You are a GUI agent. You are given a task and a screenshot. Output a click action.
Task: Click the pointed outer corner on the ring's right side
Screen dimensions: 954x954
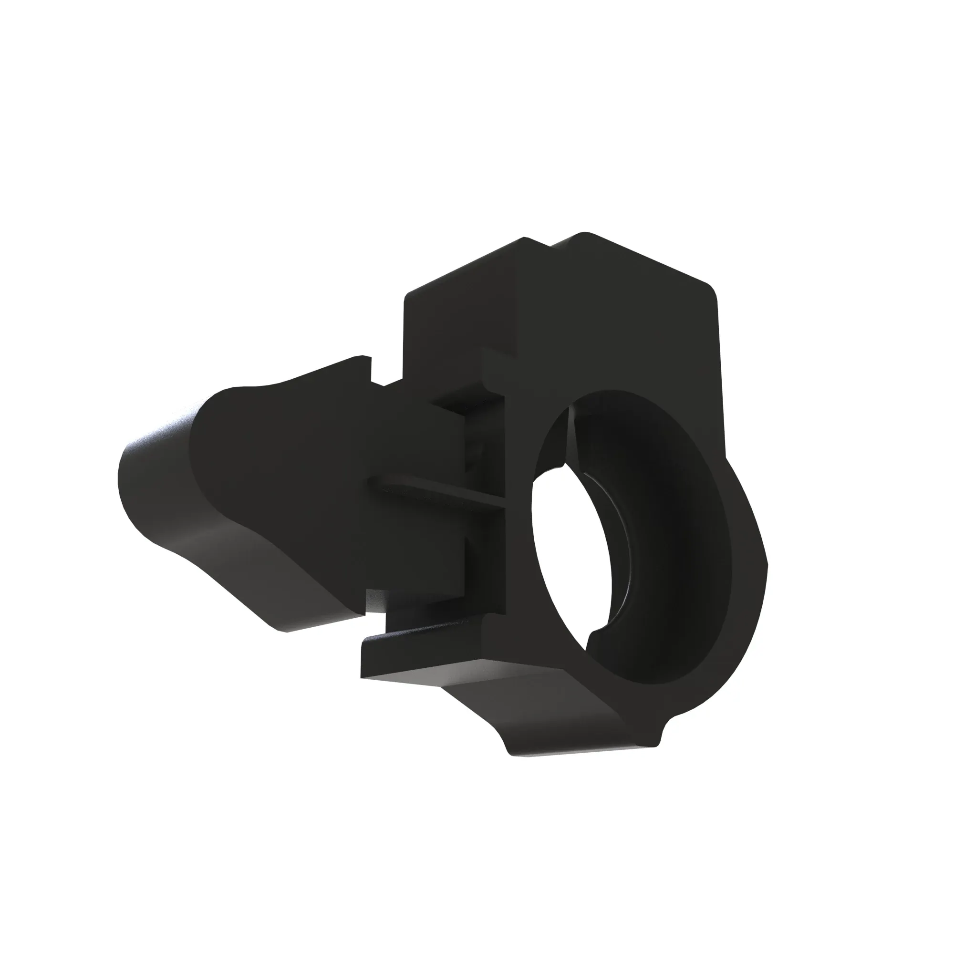coord(767,563)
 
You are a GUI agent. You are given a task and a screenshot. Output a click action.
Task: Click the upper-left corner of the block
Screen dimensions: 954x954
coord(407,296)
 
